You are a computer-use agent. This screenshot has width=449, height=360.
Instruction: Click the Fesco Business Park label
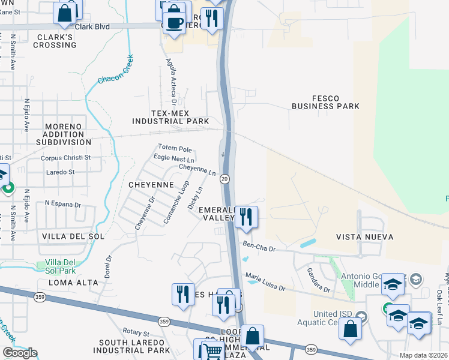tap(325, 102)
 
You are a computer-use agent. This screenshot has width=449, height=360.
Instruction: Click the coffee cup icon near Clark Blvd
tap(175, 23)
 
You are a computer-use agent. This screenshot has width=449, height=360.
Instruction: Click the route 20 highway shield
tap(224, 179)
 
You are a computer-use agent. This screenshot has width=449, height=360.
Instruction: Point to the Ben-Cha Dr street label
tap(259, 245)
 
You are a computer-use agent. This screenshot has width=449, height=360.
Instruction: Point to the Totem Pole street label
tap(175, 148)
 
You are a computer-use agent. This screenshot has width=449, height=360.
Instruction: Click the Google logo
tap(20, 352)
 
